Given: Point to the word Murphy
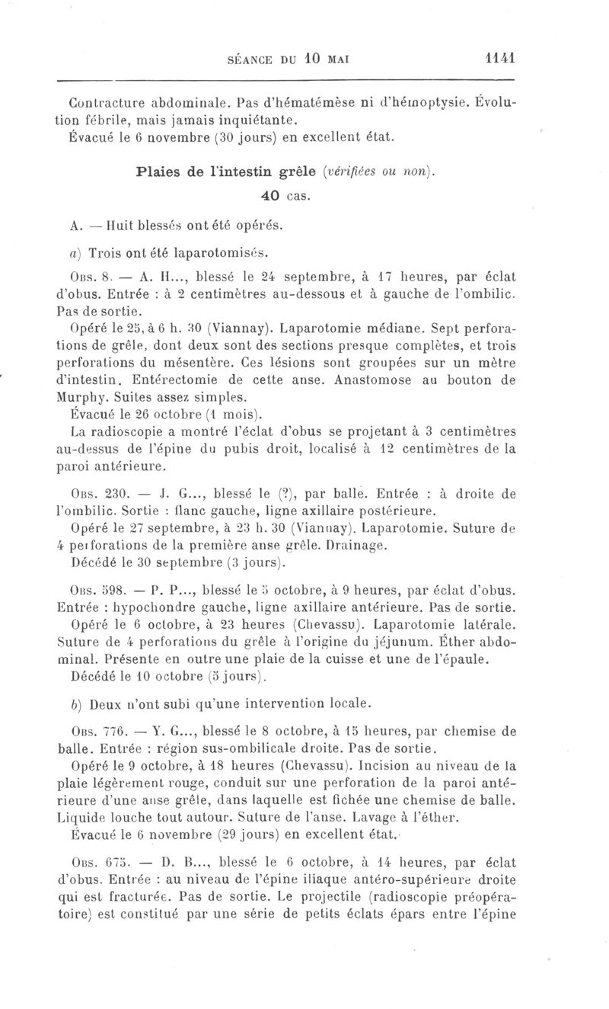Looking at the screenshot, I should tap(81, 397).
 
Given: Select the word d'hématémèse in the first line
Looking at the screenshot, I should tap(314, 102).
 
